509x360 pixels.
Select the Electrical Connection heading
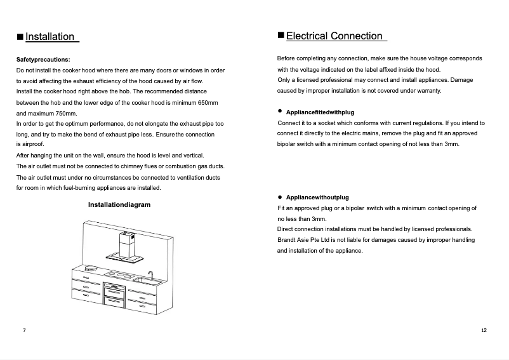tap(334, 36)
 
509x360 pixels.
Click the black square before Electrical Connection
tap(281, 36)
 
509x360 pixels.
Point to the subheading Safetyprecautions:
tap(43, 59)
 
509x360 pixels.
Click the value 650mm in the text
tap(208, 102)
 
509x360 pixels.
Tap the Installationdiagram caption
tap(119, 205)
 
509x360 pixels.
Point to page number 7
tap(24, 331)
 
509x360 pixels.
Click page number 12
tap(484, 331)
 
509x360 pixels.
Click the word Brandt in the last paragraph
tap(287, 240)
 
